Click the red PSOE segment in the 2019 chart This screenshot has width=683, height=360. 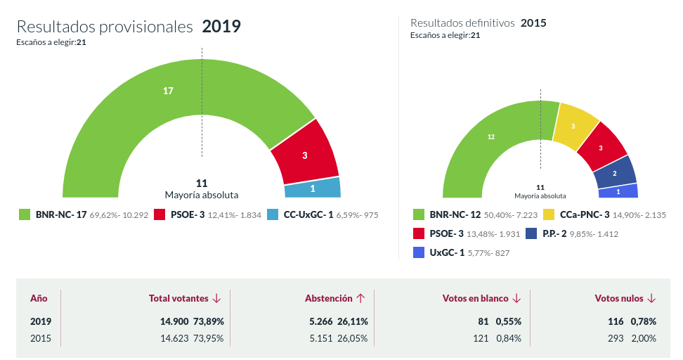(305, 155)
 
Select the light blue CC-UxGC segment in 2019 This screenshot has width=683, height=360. (313, 188)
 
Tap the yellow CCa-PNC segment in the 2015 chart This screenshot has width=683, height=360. (574, 127)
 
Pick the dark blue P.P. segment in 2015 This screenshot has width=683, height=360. (615, 173)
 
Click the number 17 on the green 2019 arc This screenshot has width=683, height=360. (168, 91)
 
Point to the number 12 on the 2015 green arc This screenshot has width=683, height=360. (491, 136)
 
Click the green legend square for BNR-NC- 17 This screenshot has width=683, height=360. (25, 214)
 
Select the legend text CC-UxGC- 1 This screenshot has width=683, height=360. (308, 214)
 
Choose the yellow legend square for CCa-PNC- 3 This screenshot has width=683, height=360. (549, 214)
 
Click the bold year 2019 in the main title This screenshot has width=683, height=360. (221, 27)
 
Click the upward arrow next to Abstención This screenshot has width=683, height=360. (360, 298)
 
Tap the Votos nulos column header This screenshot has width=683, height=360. (618, 298)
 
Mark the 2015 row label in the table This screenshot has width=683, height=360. (40, 338)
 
